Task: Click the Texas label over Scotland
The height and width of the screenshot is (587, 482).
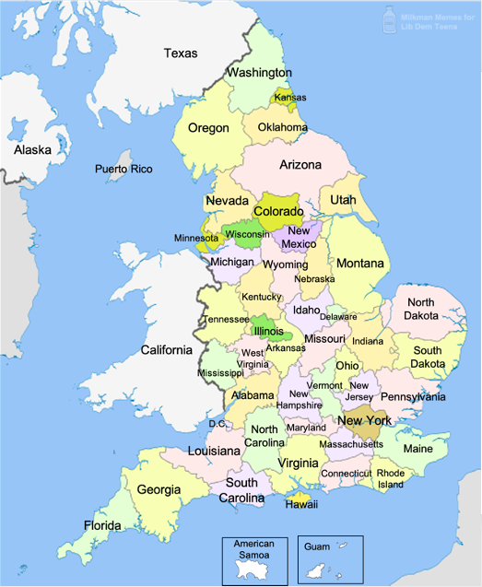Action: [x=181, y=53]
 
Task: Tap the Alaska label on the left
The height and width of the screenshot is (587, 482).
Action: [x=31, y=149]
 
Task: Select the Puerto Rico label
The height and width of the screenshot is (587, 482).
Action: [x=123, y=169]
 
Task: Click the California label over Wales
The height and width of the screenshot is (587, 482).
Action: [x=167, y=349]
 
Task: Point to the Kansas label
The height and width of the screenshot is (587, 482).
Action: [x=289, y=98]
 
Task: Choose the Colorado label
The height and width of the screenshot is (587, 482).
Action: [x=278, y=211]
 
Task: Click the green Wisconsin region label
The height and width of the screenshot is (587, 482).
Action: [x=247, y=234]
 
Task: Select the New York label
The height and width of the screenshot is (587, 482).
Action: [x=365, y=420]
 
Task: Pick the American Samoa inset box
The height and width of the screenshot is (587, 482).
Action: [x=253, y=558]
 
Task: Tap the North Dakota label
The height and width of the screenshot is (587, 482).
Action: [x=420, y=309]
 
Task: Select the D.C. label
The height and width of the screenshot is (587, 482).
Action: [x=217, y=424]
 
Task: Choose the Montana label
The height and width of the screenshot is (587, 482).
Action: [x=359, y=264]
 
